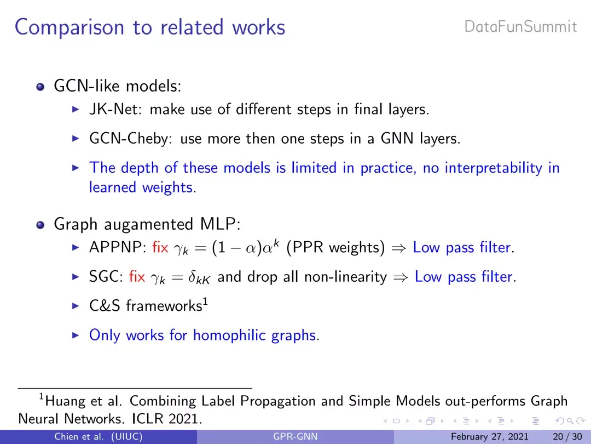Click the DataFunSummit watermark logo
pos(520,27)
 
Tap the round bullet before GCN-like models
pos(40,87)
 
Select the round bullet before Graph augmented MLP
pos(40,225)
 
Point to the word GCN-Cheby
pos(130,139)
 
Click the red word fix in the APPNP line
pos(160,248)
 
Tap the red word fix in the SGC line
pos(137,277)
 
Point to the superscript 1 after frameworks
pos(205,301)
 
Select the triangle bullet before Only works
pos(76,335)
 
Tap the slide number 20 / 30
pos(567,437)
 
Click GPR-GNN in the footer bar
pos(296,437)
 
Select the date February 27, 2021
pos(490,437)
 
